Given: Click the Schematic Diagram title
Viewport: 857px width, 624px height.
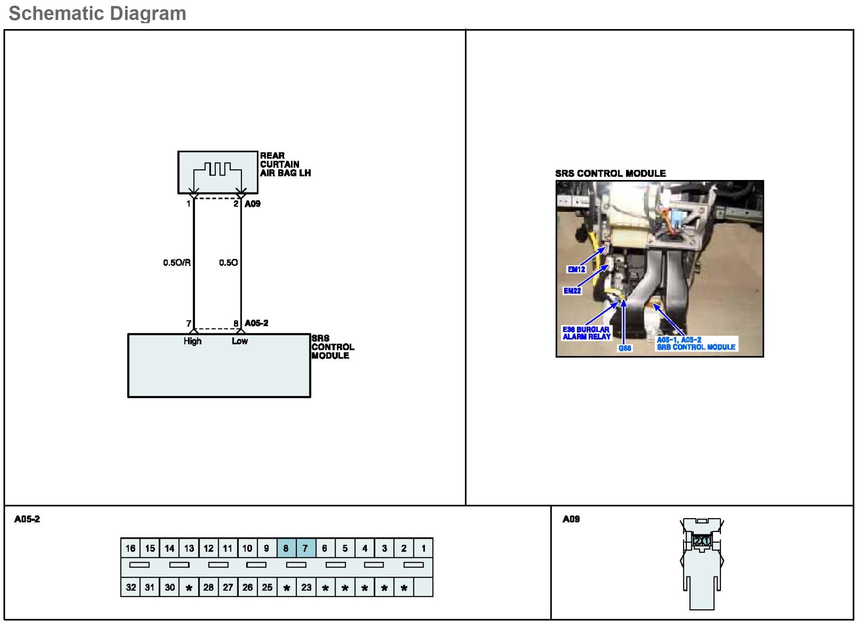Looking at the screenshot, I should [x=97, y=14].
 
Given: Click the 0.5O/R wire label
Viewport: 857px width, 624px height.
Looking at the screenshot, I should [x=176, y=263].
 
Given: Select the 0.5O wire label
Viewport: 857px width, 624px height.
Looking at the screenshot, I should [x=228, y=263].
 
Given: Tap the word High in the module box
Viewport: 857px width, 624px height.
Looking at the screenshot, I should [x=192, y=341].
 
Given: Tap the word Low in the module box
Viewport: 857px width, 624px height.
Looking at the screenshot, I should [x=240, y=341].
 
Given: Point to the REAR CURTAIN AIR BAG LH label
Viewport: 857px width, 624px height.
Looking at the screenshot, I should [x=285, y=164].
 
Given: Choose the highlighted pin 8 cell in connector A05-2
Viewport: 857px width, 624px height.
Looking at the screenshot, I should [x=286, y=548].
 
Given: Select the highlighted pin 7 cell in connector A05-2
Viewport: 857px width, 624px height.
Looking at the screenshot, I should [x=305, y=548].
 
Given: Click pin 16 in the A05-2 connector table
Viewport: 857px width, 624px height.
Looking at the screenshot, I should [x=130, y=548].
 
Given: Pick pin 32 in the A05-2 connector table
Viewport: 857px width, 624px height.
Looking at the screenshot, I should [x=130, y=587].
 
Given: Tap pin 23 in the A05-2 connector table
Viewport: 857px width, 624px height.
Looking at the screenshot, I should [x=306, y=587].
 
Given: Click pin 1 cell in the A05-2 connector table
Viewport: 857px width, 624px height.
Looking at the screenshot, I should [x=423, y=548].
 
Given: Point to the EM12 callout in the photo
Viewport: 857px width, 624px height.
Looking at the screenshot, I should [x=576, y=270].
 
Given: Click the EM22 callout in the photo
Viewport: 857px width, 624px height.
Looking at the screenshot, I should [x=572, y=291].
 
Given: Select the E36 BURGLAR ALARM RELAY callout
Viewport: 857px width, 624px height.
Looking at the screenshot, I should [x=586, y=333].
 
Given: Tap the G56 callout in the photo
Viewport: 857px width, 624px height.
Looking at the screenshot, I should [x=625, y=348].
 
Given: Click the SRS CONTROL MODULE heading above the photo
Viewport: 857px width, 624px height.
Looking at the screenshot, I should [x=610, y=174].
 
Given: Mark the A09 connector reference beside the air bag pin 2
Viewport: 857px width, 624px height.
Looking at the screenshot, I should [x=252, y=204].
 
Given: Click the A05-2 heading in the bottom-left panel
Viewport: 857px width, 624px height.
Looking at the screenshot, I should [x=27, y=519].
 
